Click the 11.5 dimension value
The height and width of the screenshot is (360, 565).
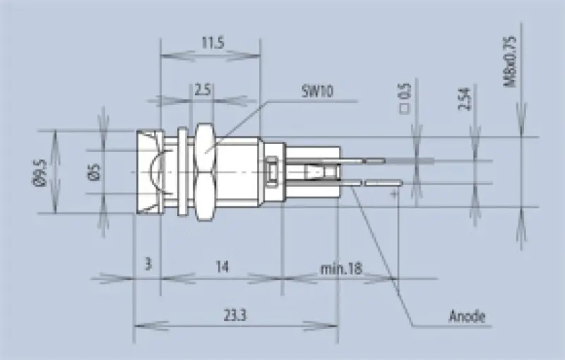tap(211, 44)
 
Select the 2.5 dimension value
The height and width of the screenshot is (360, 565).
tap(203, 90)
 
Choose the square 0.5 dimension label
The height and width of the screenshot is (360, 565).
tap(405, 98)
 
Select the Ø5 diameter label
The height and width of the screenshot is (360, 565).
tap(93, 172)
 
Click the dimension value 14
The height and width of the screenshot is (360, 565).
tap(222, 267)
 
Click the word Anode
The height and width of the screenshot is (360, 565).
tap(467, 316)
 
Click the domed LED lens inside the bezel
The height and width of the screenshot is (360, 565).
tap(156, 172)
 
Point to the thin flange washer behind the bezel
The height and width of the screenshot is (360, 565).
tap(182, 172)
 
